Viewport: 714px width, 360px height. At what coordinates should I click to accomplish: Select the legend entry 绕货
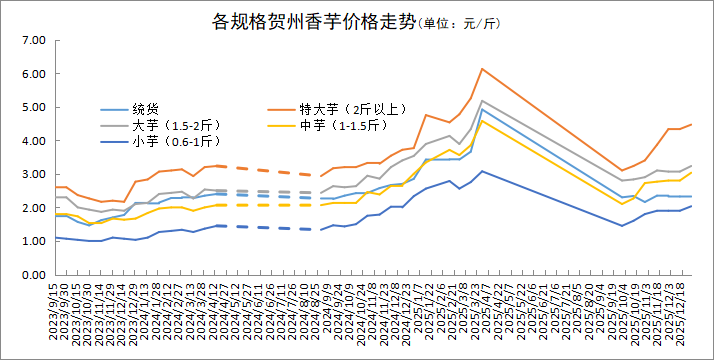point(146,108)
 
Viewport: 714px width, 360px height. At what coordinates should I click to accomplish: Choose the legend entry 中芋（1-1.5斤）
point(351,125)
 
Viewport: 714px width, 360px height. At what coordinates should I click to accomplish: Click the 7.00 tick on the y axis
point(34,40)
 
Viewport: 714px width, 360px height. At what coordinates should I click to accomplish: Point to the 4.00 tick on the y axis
point(34,141)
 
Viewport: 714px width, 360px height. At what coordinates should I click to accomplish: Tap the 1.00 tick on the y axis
point(34,241)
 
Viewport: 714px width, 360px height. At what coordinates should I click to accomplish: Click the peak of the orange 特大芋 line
point(482,69)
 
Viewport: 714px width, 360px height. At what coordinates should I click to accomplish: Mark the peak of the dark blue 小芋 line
point(482,171)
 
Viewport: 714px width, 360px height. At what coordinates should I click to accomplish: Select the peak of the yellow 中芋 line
point(482,120)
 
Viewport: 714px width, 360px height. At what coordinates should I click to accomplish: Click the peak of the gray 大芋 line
point(482,100)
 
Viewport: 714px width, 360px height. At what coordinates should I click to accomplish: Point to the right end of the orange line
point(692,124)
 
